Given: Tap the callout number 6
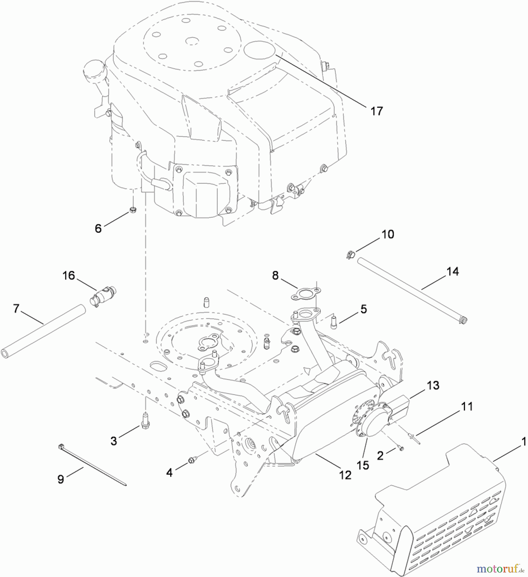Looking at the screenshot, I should [x=98, y=229].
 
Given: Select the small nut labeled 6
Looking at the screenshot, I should [x=132, y=210].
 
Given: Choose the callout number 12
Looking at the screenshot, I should [x=345, y=475].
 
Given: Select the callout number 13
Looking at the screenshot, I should [x=433, y=385].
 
